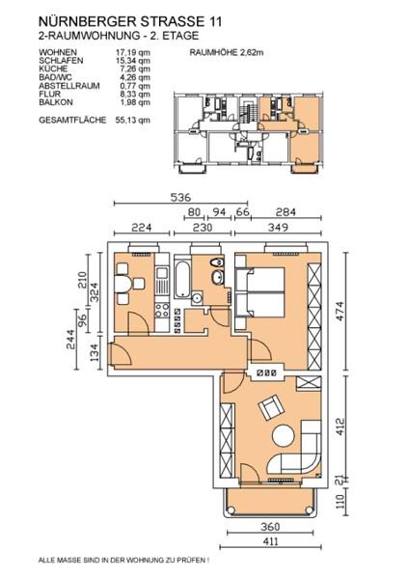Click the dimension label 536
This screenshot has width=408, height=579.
(180, 197)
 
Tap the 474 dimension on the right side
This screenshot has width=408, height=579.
(340, 312)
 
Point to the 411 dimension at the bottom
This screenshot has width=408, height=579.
(271, 541)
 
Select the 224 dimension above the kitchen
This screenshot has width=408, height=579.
(142, 227)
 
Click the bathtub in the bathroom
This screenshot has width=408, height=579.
(182, 279)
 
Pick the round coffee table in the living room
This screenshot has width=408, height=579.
(284, 436)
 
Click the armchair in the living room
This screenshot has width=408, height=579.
(271, 407)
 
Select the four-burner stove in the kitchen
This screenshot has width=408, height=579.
(162, 310)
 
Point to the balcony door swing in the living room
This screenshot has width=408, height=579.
(250, 473)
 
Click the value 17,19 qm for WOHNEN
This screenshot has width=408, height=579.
(133, 52)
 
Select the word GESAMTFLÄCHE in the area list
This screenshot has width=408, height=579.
(72, 120)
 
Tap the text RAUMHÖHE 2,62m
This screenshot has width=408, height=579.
(227, 52)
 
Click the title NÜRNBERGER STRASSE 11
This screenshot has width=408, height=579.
(130, 22)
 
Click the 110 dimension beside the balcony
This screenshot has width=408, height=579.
(340, 501)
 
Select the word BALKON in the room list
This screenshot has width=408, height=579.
(56, 102)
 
